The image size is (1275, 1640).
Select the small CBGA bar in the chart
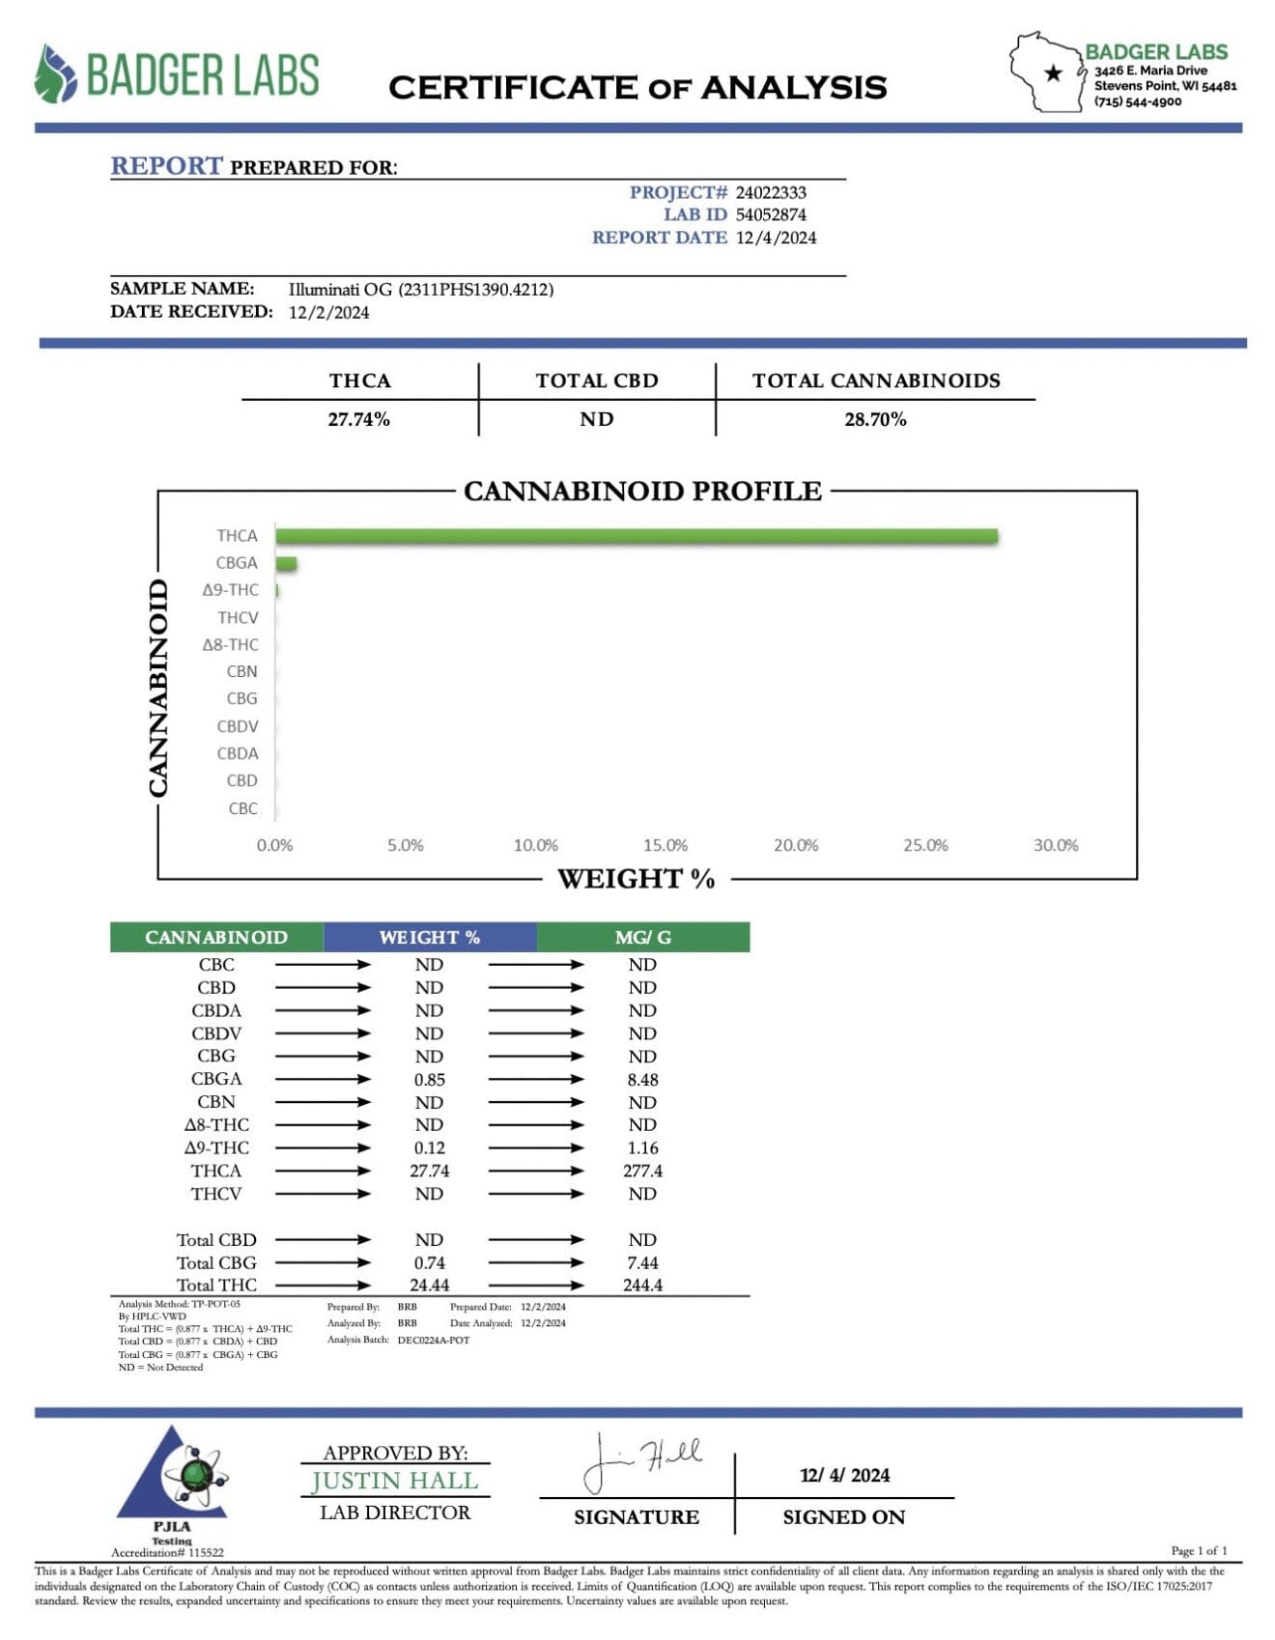point(286,564)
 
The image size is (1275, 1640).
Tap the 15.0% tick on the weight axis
point(666,845)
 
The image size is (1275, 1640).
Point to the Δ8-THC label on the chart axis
point(230,645)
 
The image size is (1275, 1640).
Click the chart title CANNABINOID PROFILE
point(642,492)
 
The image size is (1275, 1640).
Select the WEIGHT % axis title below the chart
point(636,879)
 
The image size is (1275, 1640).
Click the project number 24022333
point(771,193)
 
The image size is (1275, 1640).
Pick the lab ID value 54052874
point(771,215)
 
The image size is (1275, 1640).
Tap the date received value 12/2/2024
point(328,313)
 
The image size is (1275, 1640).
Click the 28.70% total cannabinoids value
point(875,419)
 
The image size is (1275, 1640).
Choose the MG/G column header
point(642,938)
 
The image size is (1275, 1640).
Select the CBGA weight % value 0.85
point(429,1080)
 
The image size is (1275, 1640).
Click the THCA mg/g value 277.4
point(642,1172)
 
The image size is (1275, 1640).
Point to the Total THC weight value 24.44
point(429,1286)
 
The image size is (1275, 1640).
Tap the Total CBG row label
point(216,1263)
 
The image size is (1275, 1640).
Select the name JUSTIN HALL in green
point(394,1481)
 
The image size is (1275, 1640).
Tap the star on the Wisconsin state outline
point(1054,72)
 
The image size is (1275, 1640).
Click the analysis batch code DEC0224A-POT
point(433,1341)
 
